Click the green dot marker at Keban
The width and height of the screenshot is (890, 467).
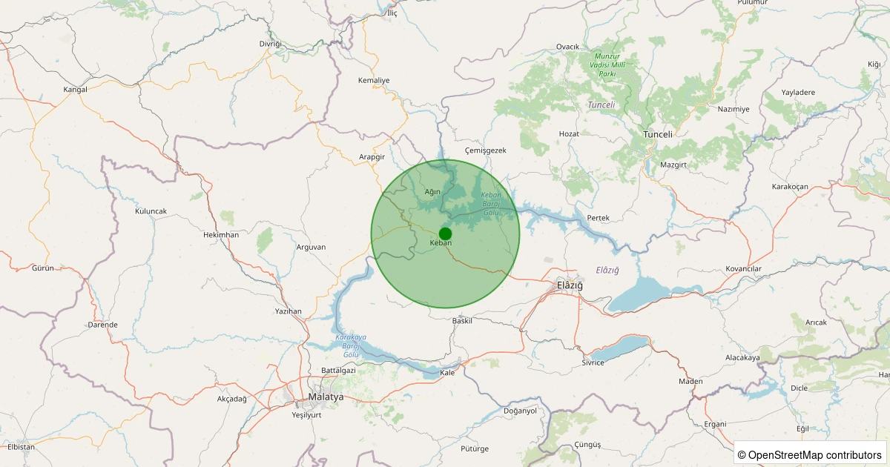tap(445, 233)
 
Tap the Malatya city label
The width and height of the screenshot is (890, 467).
tap(326, 397)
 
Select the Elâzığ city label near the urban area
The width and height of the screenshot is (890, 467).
tap(570, 285)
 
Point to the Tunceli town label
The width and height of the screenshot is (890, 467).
tap(657, 134)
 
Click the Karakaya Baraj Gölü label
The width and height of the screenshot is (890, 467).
tap(347, 346)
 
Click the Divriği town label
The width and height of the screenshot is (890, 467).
tap(271, 44)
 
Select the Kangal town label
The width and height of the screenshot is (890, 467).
tap(76, 90)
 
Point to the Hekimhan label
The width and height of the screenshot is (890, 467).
tap(221, 234)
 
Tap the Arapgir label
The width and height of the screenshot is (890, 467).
tap(372, 157)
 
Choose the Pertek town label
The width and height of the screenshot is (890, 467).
tap(598, 218)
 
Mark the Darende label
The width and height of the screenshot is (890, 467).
tap(102, 325)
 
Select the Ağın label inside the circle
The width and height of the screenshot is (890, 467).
tap(432, 192)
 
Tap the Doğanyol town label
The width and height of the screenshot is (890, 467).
tap(520, 411)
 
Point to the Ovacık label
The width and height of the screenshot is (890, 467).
tap(567, 47)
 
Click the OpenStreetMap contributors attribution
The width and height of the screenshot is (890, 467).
tap(810, 454)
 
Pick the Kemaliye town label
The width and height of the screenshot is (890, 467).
tap(374, 80)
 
